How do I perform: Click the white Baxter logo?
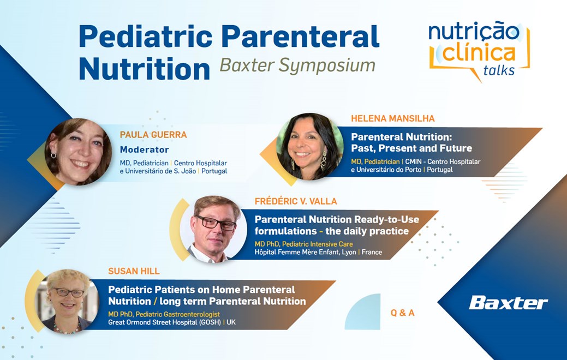click(509, 303)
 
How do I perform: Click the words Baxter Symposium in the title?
click(297, 65)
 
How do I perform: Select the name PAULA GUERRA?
click(153, 135)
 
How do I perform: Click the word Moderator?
click(144, 149)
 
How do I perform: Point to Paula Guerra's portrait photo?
click(78, 152)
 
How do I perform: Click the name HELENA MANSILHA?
click(393, 118)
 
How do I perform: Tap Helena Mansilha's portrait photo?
click(310, 147)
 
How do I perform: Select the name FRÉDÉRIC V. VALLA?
click(296, 201)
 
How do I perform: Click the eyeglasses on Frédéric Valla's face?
click(216, 223)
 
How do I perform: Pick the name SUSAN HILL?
click(134, 272)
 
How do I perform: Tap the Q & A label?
click(403, 313)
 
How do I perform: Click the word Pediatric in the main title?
click(146, 36)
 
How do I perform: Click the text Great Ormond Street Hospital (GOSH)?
click(164, 322)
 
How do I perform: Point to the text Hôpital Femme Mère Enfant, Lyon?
click(305, 253)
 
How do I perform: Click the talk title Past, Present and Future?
click(411, 148)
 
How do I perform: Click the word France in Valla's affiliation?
click(372, 253)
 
